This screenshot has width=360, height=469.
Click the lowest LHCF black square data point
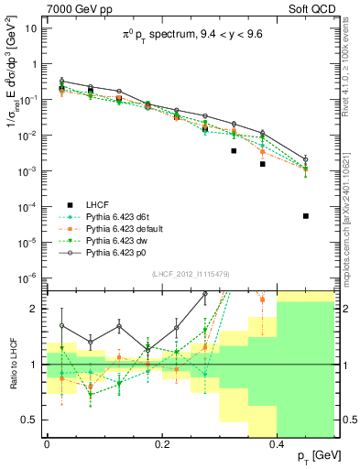[306, 216]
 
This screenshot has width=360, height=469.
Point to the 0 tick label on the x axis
[47, 442]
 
